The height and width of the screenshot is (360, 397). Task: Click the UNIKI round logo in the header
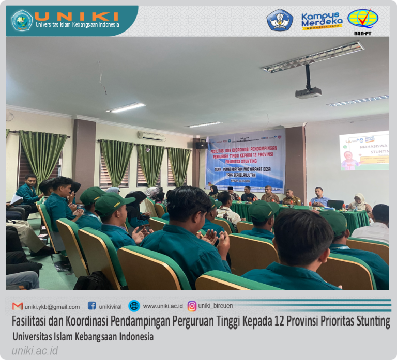22,21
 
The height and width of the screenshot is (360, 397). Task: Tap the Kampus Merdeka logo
322,21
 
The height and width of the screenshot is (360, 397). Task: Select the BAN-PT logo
363,21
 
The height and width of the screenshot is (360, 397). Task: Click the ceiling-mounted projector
309,92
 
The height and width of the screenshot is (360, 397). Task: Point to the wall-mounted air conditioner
151,136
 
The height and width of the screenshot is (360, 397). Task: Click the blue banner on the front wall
245,159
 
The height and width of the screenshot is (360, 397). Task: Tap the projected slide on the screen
364,151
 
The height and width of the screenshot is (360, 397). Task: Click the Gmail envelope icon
18,306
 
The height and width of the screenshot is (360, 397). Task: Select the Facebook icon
92,306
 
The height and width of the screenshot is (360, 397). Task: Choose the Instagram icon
192,306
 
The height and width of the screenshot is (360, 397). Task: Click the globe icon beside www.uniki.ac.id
134,306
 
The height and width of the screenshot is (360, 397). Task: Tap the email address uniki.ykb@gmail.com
52,306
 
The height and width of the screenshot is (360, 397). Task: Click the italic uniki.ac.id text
35,351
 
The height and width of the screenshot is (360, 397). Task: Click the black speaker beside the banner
201,145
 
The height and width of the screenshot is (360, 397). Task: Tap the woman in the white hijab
360,202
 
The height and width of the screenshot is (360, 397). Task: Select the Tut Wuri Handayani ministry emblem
280,20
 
